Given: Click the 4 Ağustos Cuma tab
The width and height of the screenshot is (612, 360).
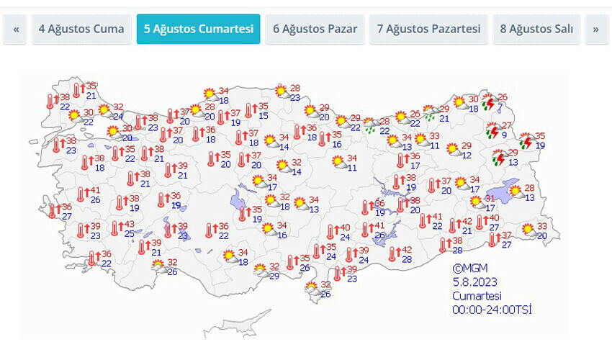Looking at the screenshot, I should pyautogui.click(x=81, y=29).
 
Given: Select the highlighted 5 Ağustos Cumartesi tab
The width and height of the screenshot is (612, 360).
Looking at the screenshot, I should pyautogui.click(x=198, y=29).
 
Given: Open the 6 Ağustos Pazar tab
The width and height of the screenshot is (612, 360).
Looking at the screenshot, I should pyautogui.click(x=315, y=29).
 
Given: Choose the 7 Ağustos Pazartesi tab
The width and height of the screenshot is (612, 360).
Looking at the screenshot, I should pyautogui.click(x=428, y=29).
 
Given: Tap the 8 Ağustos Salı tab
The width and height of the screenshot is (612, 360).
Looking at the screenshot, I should pyautogui.click(x=536, y=29).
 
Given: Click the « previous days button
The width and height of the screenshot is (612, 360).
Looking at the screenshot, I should pyautogui.click(x=15, y=29).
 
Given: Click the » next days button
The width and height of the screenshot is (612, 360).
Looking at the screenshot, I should pyautogui.click(x=595, y=29).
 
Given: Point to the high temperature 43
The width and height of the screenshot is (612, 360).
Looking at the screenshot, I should pyautogui.click(x=129, y=225).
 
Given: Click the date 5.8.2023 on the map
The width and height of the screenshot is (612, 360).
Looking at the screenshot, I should pyautogui.click(x=475, y=282).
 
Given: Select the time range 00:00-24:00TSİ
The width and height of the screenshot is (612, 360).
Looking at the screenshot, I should pyautogui.click(x=492, y=310).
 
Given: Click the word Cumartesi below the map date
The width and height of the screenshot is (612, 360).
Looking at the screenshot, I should pyautogui.click(x=477, y=295).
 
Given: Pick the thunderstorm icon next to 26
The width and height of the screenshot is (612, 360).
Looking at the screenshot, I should pyautogui.click(x=490, y=102).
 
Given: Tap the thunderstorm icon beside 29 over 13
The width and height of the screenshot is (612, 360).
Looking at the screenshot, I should pyautogui.click(x=498, y=157).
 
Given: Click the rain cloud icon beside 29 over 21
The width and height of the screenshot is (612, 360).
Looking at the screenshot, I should pyautogui.click(x=431, y=112).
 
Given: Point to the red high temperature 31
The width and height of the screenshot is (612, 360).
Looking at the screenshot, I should pyautogui.click(x=490, y=199).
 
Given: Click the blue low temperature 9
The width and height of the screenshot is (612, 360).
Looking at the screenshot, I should pyautogui.click(x=504, y=135).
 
